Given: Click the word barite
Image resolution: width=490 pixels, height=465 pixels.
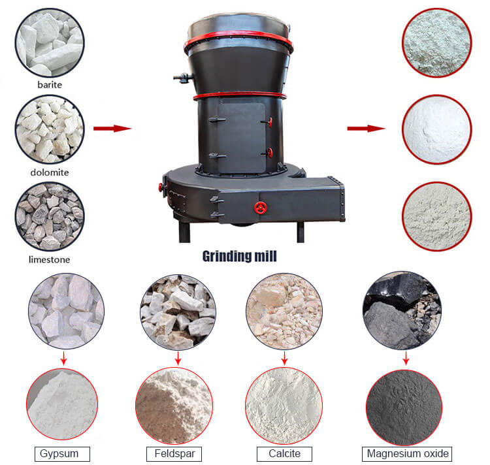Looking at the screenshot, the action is click(50, 85).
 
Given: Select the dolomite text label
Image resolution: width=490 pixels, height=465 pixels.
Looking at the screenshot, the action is click(50, 172).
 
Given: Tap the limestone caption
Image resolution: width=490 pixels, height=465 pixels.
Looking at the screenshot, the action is click(50, 259).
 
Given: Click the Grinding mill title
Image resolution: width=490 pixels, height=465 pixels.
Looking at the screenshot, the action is click(239, 257).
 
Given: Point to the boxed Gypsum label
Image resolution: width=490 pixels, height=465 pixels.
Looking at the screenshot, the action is click(62, 454).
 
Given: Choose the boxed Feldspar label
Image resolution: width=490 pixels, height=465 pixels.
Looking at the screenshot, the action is click(174, 454).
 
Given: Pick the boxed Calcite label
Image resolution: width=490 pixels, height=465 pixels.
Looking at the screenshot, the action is click(284, 454).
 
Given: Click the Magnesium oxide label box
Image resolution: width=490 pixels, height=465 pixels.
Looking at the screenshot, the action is click(407, 454).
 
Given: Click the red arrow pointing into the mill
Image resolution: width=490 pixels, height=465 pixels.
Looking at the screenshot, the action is click(112, 129).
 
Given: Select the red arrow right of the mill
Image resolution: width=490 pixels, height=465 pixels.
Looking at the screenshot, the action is click(367, 129).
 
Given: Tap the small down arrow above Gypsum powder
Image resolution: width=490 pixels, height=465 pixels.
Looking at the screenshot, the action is click(64, 358).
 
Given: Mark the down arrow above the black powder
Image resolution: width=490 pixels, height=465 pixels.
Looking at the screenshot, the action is click(406, 358).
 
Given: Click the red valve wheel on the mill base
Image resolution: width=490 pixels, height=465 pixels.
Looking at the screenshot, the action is click(260, 208).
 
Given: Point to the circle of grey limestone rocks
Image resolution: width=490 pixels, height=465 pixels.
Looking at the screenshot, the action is click(50, 216).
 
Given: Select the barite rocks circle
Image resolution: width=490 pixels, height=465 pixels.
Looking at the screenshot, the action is click(50, 43).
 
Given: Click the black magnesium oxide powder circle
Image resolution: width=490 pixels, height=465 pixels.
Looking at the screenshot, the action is click(404, 408).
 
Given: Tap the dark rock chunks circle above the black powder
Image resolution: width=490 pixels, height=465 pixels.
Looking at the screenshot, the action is click(402, 310).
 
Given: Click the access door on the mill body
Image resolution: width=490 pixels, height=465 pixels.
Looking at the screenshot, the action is click(242, 138).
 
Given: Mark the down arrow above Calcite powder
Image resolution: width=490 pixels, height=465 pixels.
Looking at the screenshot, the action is click(284, 358).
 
